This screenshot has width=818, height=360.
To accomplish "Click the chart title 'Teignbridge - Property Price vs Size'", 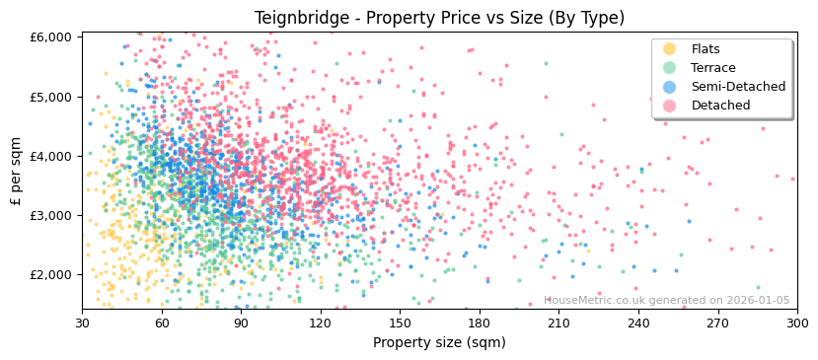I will pos(439,18).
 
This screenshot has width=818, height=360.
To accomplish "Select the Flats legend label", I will pos(706,49).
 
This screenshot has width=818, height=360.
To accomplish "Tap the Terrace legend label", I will pos(712,68).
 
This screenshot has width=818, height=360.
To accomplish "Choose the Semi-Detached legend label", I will pos(738,87).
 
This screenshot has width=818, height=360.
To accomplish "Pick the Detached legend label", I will pos(720,106).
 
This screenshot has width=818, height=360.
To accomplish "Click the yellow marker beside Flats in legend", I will pos(670,49).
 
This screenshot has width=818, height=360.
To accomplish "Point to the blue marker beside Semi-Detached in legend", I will pos(670,87).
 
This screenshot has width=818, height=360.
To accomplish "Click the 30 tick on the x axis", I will pos(82,323).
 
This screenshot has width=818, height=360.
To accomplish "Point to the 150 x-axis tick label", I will pos(400,323).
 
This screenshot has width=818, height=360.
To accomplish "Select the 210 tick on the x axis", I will pos(558,323).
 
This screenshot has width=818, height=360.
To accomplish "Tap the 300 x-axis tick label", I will pos(796,323).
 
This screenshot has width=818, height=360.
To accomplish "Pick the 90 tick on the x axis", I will pos(241,323).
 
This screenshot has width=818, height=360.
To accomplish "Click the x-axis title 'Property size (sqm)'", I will pos(439,342).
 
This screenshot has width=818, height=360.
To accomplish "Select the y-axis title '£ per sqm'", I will pos(16,171).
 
